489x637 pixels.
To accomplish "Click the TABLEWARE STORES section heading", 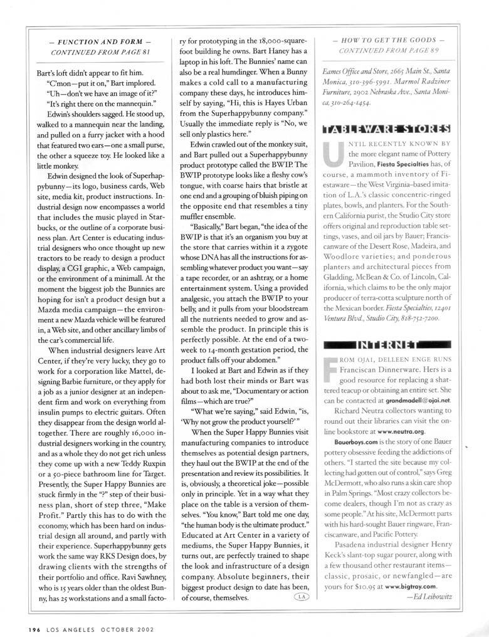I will pos(385,130).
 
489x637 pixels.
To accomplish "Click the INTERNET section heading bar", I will pos(385,344).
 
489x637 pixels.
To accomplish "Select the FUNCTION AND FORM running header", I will pos(99,41).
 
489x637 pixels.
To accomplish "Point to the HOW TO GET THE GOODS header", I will pos(385,39).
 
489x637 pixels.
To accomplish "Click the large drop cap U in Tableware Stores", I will pos(331,159).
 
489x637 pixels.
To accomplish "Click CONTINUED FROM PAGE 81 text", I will pos(99,51).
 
